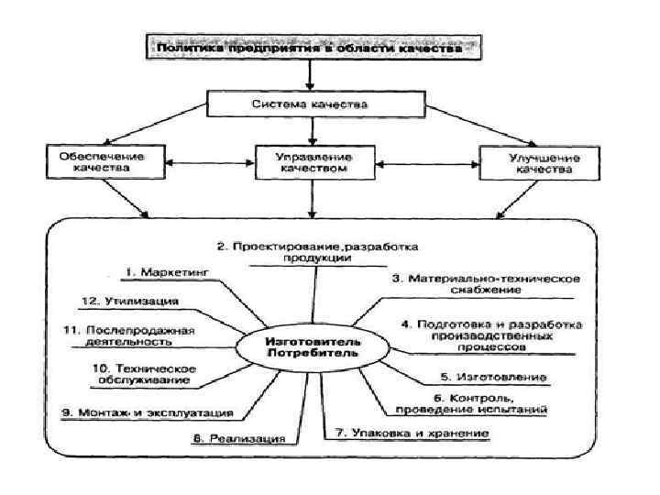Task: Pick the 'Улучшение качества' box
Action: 532,162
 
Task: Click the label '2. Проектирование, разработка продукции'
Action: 317,253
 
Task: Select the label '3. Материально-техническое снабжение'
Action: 477,283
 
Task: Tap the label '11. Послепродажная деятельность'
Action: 128,335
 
